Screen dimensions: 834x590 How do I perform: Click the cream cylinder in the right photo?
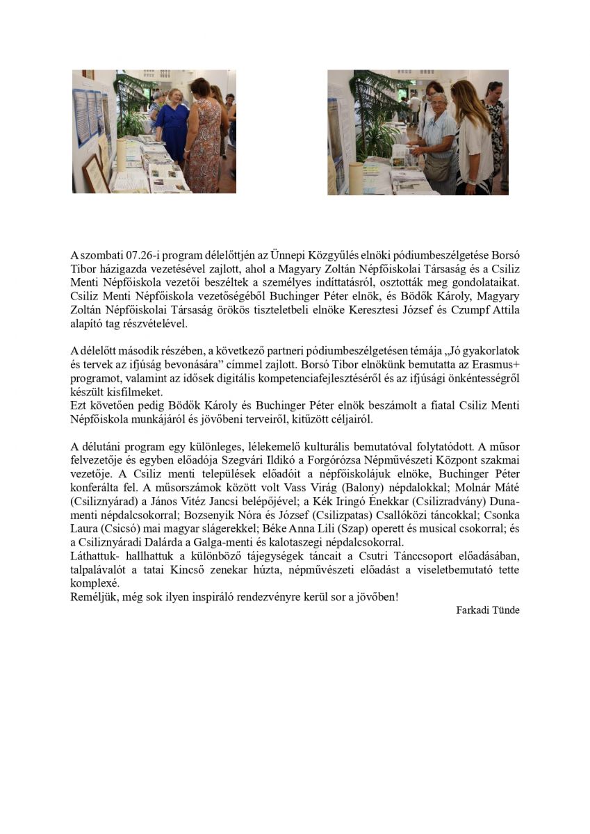point(356,179)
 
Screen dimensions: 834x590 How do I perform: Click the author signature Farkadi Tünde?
point(487,610)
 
